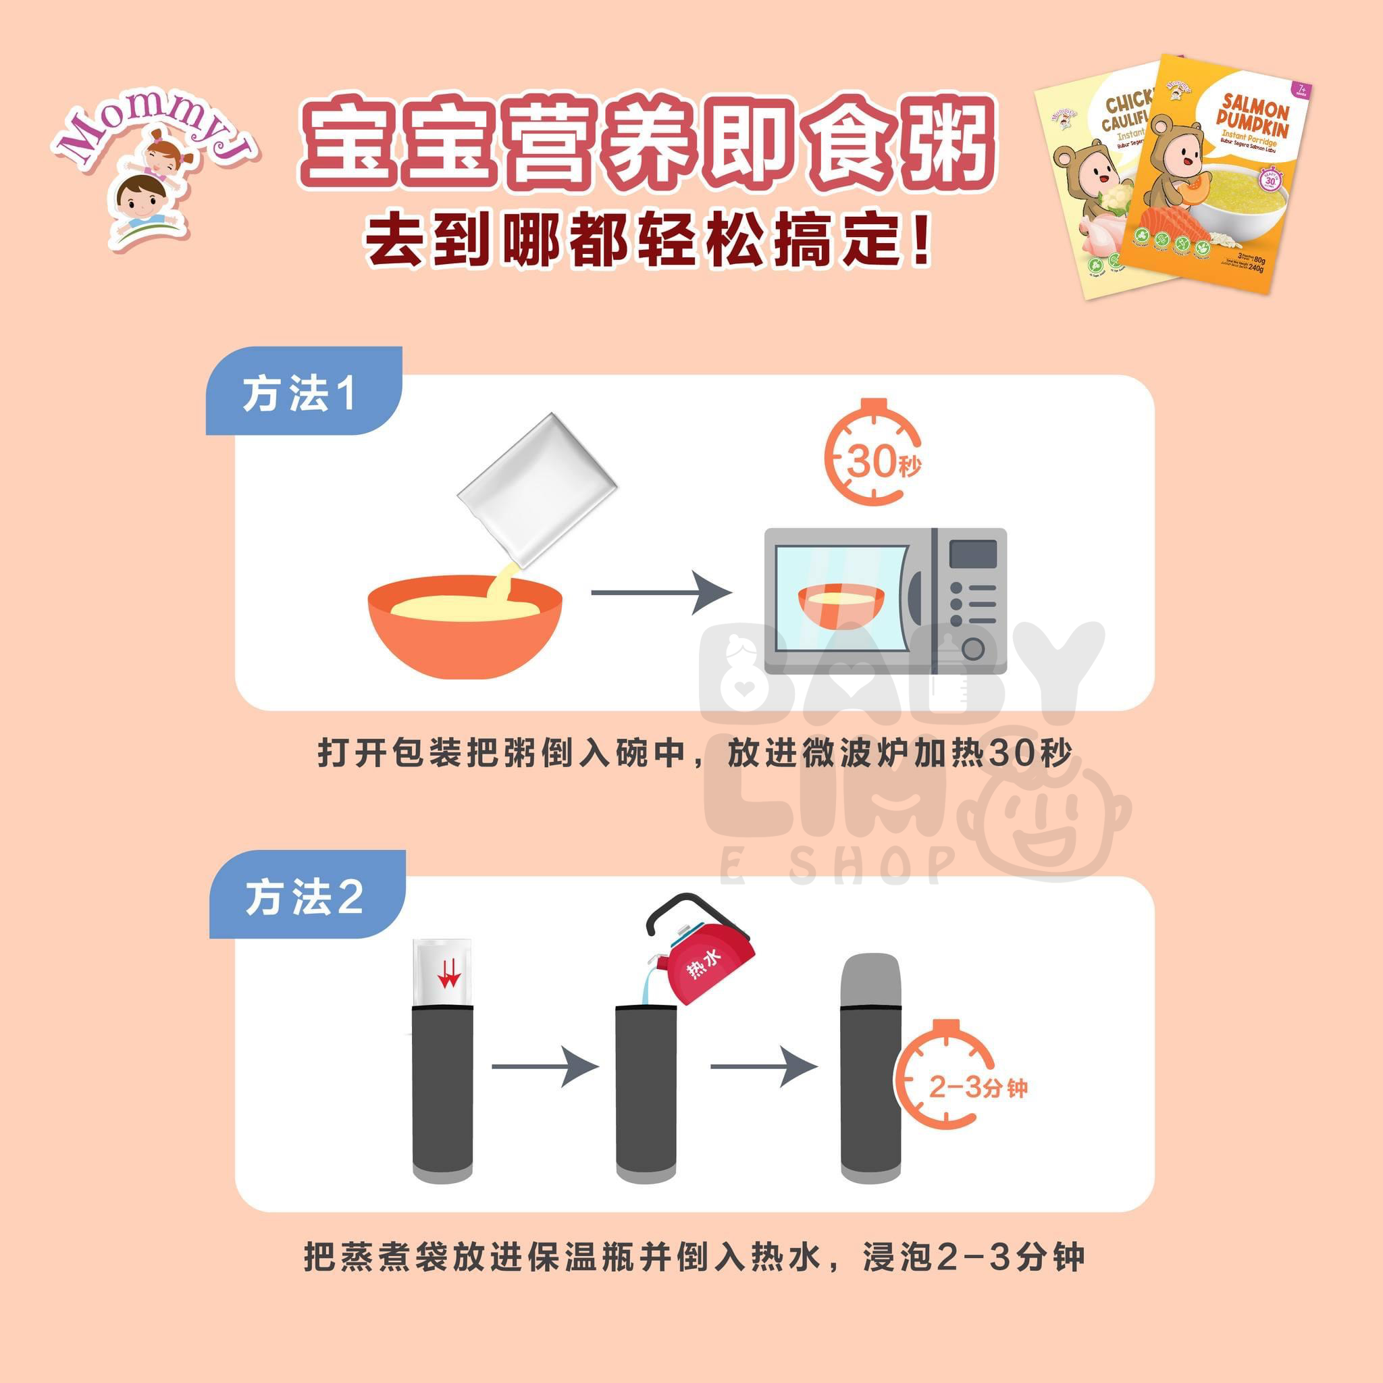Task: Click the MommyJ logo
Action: [x=153, y=176]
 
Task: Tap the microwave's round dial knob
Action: [x=973, y=649]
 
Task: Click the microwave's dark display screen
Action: [x=973, y=554]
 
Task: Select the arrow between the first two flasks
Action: [x=544, y=1066]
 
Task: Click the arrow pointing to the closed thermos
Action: [x=763, y=1066]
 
